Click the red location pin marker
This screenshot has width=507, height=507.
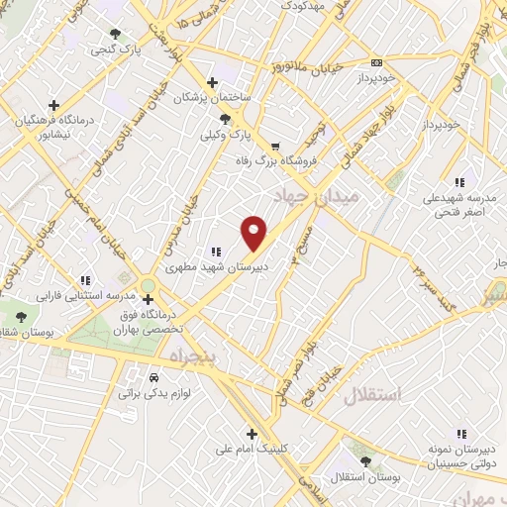(254, 232)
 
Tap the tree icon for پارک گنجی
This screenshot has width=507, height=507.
(120, 32)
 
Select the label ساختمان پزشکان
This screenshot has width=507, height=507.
(209, 98)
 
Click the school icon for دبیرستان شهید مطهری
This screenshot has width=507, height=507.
(216, 252)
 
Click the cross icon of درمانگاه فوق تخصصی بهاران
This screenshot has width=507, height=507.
(148, 298)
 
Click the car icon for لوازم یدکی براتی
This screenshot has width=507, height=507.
(153, 378)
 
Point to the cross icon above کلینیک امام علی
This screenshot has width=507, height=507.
(253, 434)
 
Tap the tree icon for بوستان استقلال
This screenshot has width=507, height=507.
(366, 462)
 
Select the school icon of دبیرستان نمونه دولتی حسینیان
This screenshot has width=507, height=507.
(460, 434)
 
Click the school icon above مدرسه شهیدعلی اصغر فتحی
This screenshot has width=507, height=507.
(458, 182)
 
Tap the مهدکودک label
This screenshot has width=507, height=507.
(305, 6)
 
